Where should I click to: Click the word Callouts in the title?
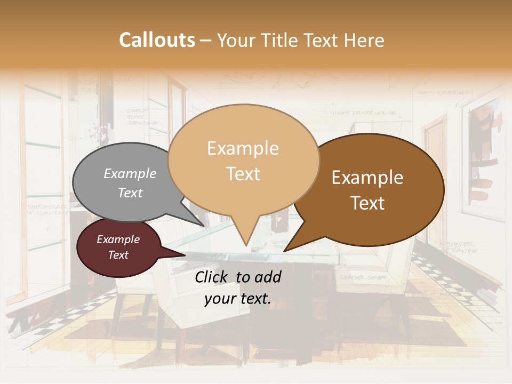[157, 40]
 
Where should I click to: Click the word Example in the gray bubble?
[130, 174]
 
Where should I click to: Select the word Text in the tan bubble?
[243, 174]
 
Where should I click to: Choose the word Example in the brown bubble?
[367, 178]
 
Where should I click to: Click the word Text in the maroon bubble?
[118, 255]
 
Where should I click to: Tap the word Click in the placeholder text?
[212, 277]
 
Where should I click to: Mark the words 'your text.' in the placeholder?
[238, 299]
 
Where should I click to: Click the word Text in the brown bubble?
[368, 203]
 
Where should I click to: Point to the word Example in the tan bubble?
[243, 148]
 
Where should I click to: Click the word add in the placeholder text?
[268, 277]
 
